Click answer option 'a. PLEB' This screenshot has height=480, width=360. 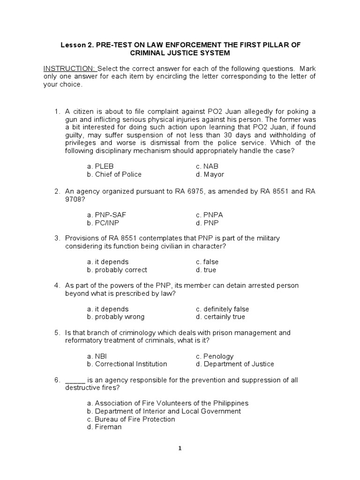click(x=100, y=166)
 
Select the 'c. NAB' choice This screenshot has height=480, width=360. click(x=207, y=166)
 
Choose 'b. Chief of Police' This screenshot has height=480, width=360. click(x=114, y=174)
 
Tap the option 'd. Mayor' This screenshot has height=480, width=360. click(x=210, y=174)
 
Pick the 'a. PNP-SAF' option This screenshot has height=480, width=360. click(x=106, y=215)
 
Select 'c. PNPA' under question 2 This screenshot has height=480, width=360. click(x=210, y=215)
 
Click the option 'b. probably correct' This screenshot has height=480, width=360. click(x=117, y=270)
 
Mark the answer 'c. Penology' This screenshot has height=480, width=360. click(x=215, y=356)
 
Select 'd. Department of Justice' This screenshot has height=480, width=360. click(x=235, y=364)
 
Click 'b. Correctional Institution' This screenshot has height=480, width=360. click(x=127, y=364)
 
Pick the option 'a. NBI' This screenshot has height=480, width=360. click(x=97, y=356)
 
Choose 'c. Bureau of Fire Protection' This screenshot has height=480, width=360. click(x=131, y=419)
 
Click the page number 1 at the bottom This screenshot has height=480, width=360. click(x=180, y=448)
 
